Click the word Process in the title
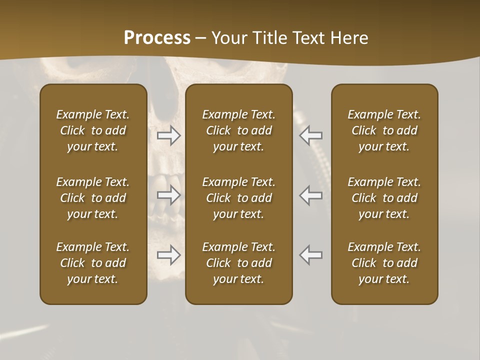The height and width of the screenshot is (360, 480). click(157, 37)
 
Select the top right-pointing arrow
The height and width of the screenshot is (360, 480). click(168, 135)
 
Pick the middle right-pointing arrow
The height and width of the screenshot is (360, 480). click(168, 195)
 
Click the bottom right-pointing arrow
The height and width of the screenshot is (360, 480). click(168, 255)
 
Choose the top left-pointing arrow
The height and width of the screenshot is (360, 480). click(311, 135)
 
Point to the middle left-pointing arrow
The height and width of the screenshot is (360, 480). click(311, 195)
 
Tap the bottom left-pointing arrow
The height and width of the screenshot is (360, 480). click(311, 255)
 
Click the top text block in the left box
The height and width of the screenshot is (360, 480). click(93, 130)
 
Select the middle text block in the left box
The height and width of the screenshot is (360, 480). click(93, 198)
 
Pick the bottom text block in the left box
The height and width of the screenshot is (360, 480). click(93, 263)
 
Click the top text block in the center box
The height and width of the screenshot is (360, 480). click(239, 130)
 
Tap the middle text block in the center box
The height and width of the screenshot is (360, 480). click(239, 198)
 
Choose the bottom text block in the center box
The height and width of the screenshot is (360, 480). click(239, 263)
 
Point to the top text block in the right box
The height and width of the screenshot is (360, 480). click(384, 130)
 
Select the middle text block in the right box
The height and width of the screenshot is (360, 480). click(384, 198)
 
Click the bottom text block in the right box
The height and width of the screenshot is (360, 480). click(384, 263)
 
